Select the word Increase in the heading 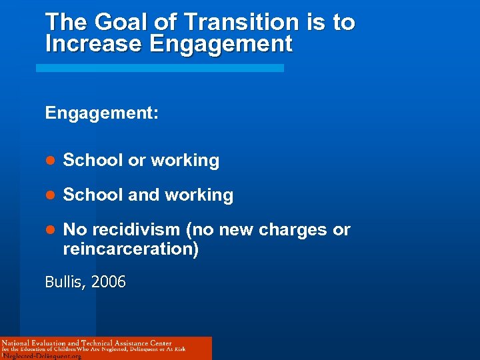(94, 44)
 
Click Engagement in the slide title (221, 44)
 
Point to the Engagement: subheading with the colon (102, 113)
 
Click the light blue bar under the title (159, 68)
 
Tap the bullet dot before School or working (49, 161)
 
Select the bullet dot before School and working (49, 195)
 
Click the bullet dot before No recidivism (49, 230)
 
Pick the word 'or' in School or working (137, 161)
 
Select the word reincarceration (130, 249)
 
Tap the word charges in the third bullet (293, 230)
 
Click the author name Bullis (65, 283)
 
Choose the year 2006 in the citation (109, 283)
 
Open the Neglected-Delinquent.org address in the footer (42, 356)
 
